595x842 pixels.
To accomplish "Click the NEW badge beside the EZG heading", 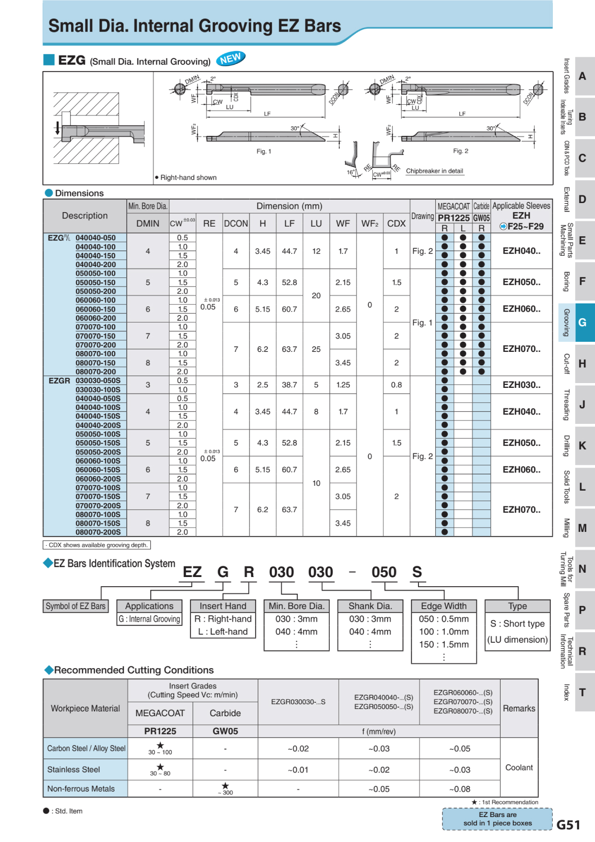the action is coord(231,59).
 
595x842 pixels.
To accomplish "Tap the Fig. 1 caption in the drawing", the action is coord(263,151).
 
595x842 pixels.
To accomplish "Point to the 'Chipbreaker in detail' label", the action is coord(434,171).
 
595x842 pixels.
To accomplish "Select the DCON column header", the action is coord(236,224).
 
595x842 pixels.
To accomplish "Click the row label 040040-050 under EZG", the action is coord(95,238).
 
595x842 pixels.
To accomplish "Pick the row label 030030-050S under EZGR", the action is coord(98,381).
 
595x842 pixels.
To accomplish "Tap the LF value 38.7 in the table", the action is coord(289,385).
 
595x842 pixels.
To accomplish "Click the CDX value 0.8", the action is coord(396,385).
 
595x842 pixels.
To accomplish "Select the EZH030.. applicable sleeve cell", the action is coord(521,385).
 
